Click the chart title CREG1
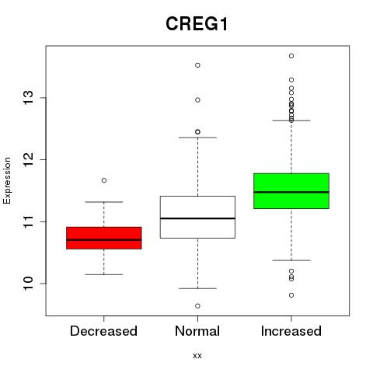click(x=197, y=24)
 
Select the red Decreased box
click(x=104, y=238)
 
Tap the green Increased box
click(x=291, y=191)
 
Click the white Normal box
click(x=197, y=217)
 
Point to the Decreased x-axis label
click(x=103, y=331)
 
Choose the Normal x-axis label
click(x=197, y=331)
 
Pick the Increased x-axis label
click(x=291, y=331)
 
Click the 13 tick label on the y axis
click(x=29, y=98)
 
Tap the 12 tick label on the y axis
click(x=29, y=159)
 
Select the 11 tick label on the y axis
click(x=29, y=221)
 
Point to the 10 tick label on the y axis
click(x=29, y=284)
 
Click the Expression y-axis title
click(x=7, y=180)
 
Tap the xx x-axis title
click(x=197, y=356)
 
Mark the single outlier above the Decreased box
click(x=104, y=180)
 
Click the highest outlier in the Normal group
click(x=197, y=65)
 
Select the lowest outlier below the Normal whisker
click(x=197, y=306)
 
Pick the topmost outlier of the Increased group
click(x=291, y=56)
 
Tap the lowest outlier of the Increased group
click(x=291, y=295)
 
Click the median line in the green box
click(x=291, y=192)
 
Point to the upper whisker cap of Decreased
click(x=104, y=202)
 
